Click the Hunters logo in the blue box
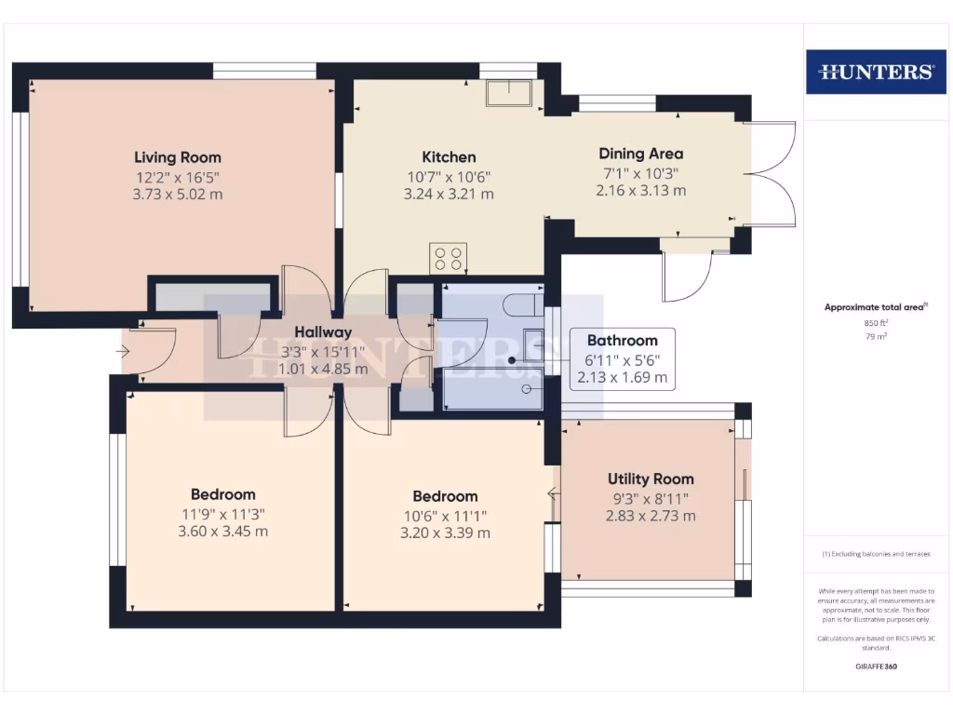click(875, 72)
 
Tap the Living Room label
click(178, 157)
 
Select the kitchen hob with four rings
click(448, 258)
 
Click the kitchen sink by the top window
click(508, 94)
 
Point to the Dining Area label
click(640, 154)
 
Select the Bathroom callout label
click(622, 341)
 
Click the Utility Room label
click(651, 479)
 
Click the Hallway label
click(323, 332)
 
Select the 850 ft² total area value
click(876, 323)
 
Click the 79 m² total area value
click(876, 336)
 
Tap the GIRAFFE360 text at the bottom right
click(875, 667)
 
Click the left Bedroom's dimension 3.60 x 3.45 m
click(222, 532)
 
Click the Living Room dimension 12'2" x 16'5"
click(178, 177)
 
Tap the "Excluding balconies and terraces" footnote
click(875, 554)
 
